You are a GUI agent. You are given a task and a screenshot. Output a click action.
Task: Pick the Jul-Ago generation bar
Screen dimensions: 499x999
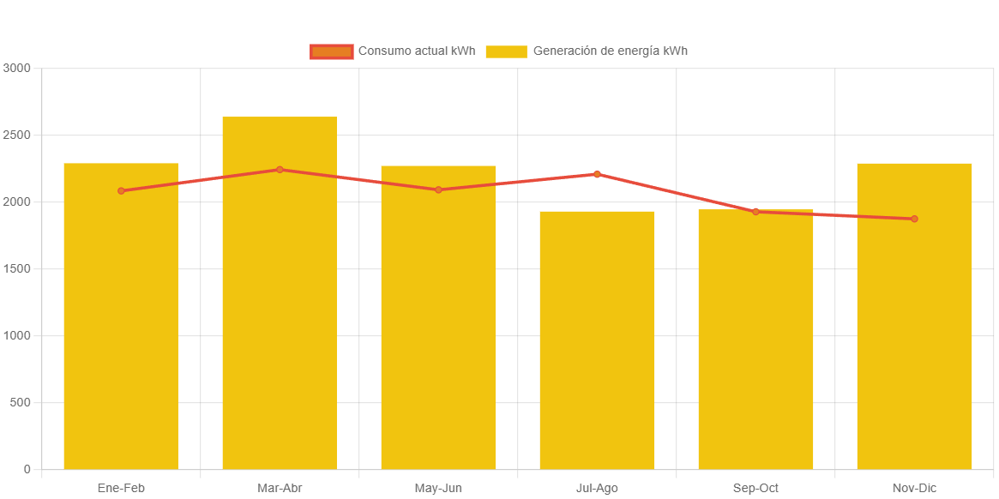click(x=597, y=343)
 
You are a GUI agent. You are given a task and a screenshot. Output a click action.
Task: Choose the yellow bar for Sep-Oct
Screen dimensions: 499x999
click(x=755, y=343)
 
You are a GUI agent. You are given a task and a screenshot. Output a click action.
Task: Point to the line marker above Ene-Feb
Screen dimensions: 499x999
click(x=121, y=190)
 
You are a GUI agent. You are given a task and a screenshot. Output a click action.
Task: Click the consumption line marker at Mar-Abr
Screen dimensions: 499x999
click(x=280, y=170)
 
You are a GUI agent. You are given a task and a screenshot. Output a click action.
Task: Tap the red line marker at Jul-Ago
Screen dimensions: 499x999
click(x=597, y=174)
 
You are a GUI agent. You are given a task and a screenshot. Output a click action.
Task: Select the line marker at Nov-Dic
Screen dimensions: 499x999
click(x=914, y=219)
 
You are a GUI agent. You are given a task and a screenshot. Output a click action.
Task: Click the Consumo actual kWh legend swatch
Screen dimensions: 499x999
click(x=332, y=51)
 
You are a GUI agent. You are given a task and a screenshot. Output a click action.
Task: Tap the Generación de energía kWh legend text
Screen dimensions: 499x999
click(x=610, y=51)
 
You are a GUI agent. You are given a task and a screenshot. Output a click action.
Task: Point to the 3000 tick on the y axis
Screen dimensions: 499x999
click(x=16, y=68)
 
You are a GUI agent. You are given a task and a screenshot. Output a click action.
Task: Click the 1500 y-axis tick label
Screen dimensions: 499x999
click(x=16, y=268)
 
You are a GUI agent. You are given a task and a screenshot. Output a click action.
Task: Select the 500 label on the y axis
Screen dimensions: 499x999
click(x=20, y=402)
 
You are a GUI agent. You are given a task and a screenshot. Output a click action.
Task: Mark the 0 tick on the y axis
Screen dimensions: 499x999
click(x=27, y=469)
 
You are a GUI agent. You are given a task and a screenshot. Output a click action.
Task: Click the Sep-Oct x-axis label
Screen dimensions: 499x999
click(x=755, y=488)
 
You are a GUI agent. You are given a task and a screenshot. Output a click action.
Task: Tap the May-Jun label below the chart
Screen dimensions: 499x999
click(x=438, y=488)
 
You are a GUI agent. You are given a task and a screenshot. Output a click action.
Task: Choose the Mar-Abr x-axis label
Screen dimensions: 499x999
click(x=280, y=488)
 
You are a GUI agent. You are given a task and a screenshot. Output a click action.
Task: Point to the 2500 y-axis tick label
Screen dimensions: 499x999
click(x=16, y=135)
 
